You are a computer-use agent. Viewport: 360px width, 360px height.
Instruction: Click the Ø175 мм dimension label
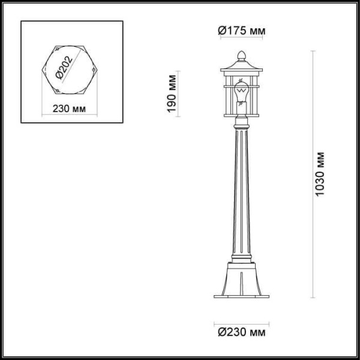[x=241, y=31]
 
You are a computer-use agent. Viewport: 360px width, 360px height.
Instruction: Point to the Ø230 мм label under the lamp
[x=240, y=331]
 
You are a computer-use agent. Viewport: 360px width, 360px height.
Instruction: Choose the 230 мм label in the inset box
[x=67, y=109]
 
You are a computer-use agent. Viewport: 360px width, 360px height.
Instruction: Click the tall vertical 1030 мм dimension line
[x=313, y=174]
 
